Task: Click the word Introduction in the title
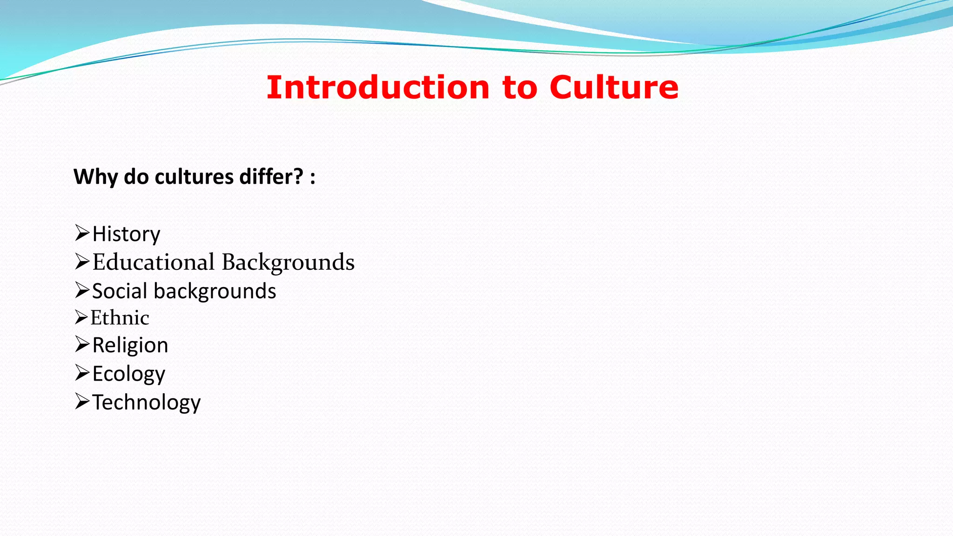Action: [378, 87]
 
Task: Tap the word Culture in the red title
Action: [614, 87]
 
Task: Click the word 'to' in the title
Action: [520, 88]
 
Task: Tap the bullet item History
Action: [126, 234]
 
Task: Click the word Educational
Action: [154, 262]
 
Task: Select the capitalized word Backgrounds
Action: [288, 262]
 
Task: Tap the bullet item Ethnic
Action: [120, 318]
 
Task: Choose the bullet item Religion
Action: [130, 346]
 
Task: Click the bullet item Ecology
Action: [128, 374]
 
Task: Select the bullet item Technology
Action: [146, 402]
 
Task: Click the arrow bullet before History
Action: [82, 233]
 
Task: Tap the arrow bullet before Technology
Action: [82, 401]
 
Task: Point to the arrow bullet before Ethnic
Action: [81, 317]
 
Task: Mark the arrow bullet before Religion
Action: [82, 344]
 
